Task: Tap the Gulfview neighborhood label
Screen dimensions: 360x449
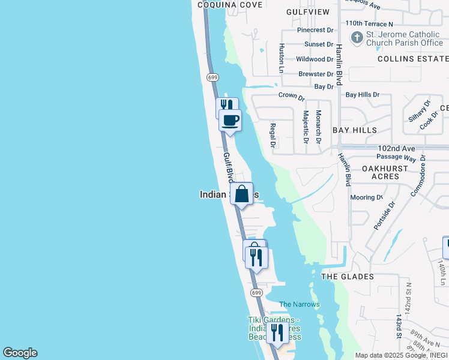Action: [x=308, y=11]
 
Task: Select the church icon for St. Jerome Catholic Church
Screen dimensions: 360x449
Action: [x=357, y=37]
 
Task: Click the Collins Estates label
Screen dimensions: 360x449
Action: [x=413, y=59]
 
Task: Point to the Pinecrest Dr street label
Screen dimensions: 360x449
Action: [x=315, y=30]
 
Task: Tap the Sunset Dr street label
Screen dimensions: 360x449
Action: [x=319, y=44]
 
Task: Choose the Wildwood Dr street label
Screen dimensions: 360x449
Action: [x=315, y=59]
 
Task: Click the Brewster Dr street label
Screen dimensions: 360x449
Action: [x=316, y=74]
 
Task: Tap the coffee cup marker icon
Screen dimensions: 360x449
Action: [x=230, y=120]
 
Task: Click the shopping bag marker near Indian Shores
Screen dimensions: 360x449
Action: [x=241, y=194]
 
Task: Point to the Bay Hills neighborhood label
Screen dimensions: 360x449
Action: [x=355, y=130]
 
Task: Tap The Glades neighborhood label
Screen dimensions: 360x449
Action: [x=348, y=277]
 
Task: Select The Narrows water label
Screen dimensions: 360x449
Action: [x=300, y=304]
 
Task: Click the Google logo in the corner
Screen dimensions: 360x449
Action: [x=20, y=353]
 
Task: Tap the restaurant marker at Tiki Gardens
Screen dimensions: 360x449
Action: [x=277, y=333]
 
